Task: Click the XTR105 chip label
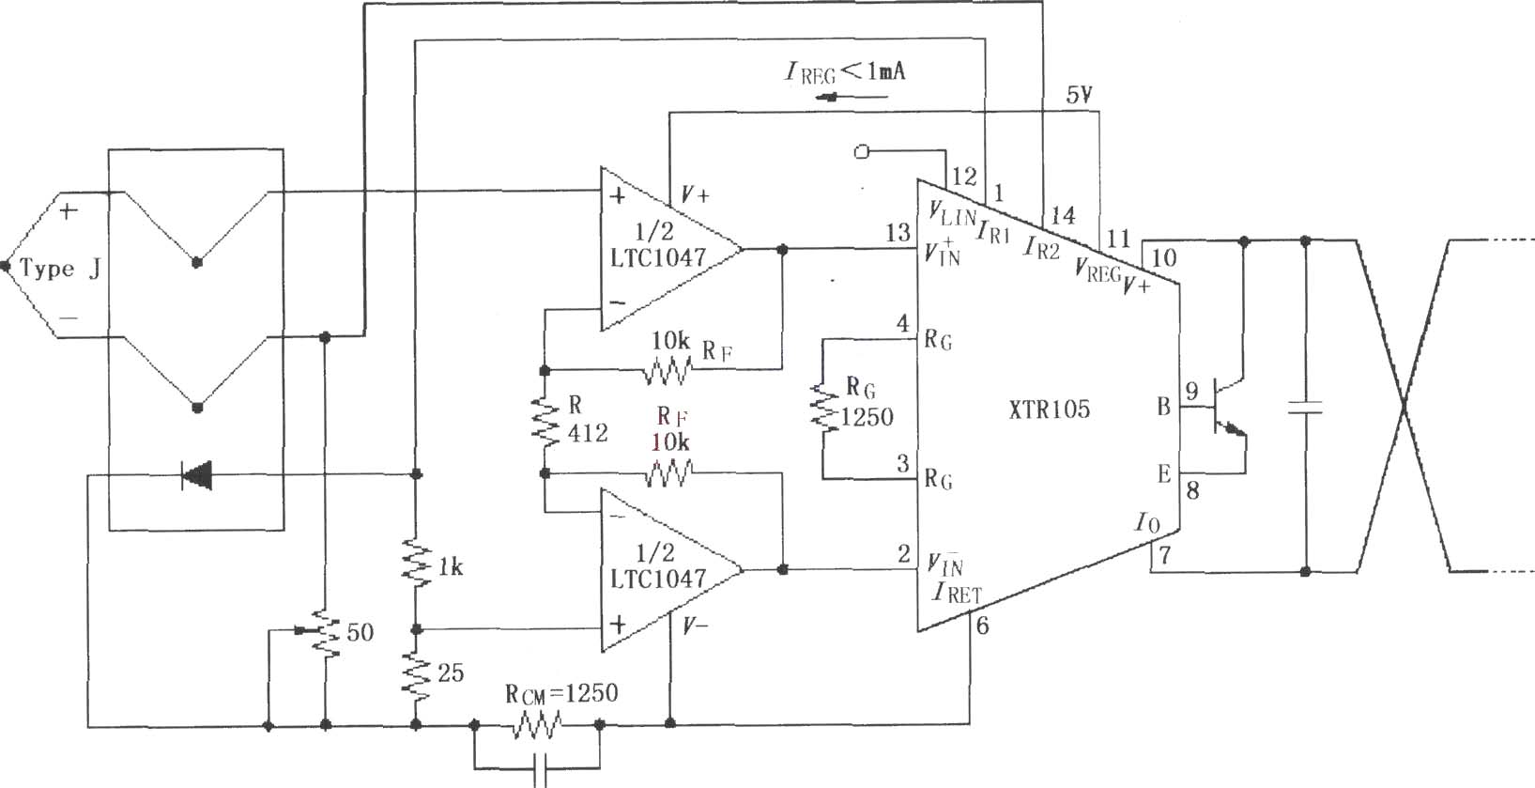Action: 1049,409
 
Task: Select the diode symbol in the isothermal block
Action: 196,475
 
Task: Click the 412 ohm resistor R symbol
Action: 545,422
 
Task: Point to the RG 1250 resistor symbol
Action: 823,408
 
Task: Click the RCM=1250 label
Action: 561,694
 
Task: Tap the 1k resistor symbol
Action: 416,563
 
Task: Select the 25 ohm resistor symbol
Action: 416,675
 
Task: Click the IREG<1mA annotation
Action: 845,72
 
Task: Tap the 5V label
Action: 1080,95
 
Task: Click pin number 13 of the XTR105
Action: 898,233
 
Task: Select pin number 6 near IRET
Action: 982,626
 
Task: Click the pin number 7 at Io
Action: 1164,555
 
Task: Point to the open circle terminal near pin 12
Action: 861,151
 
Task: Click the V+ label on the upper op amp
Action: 695,196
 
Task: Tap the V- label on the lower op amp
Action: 695,626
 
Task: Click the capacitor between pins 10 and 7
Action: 1305,408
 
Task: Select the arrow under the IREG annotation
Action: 852,98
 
